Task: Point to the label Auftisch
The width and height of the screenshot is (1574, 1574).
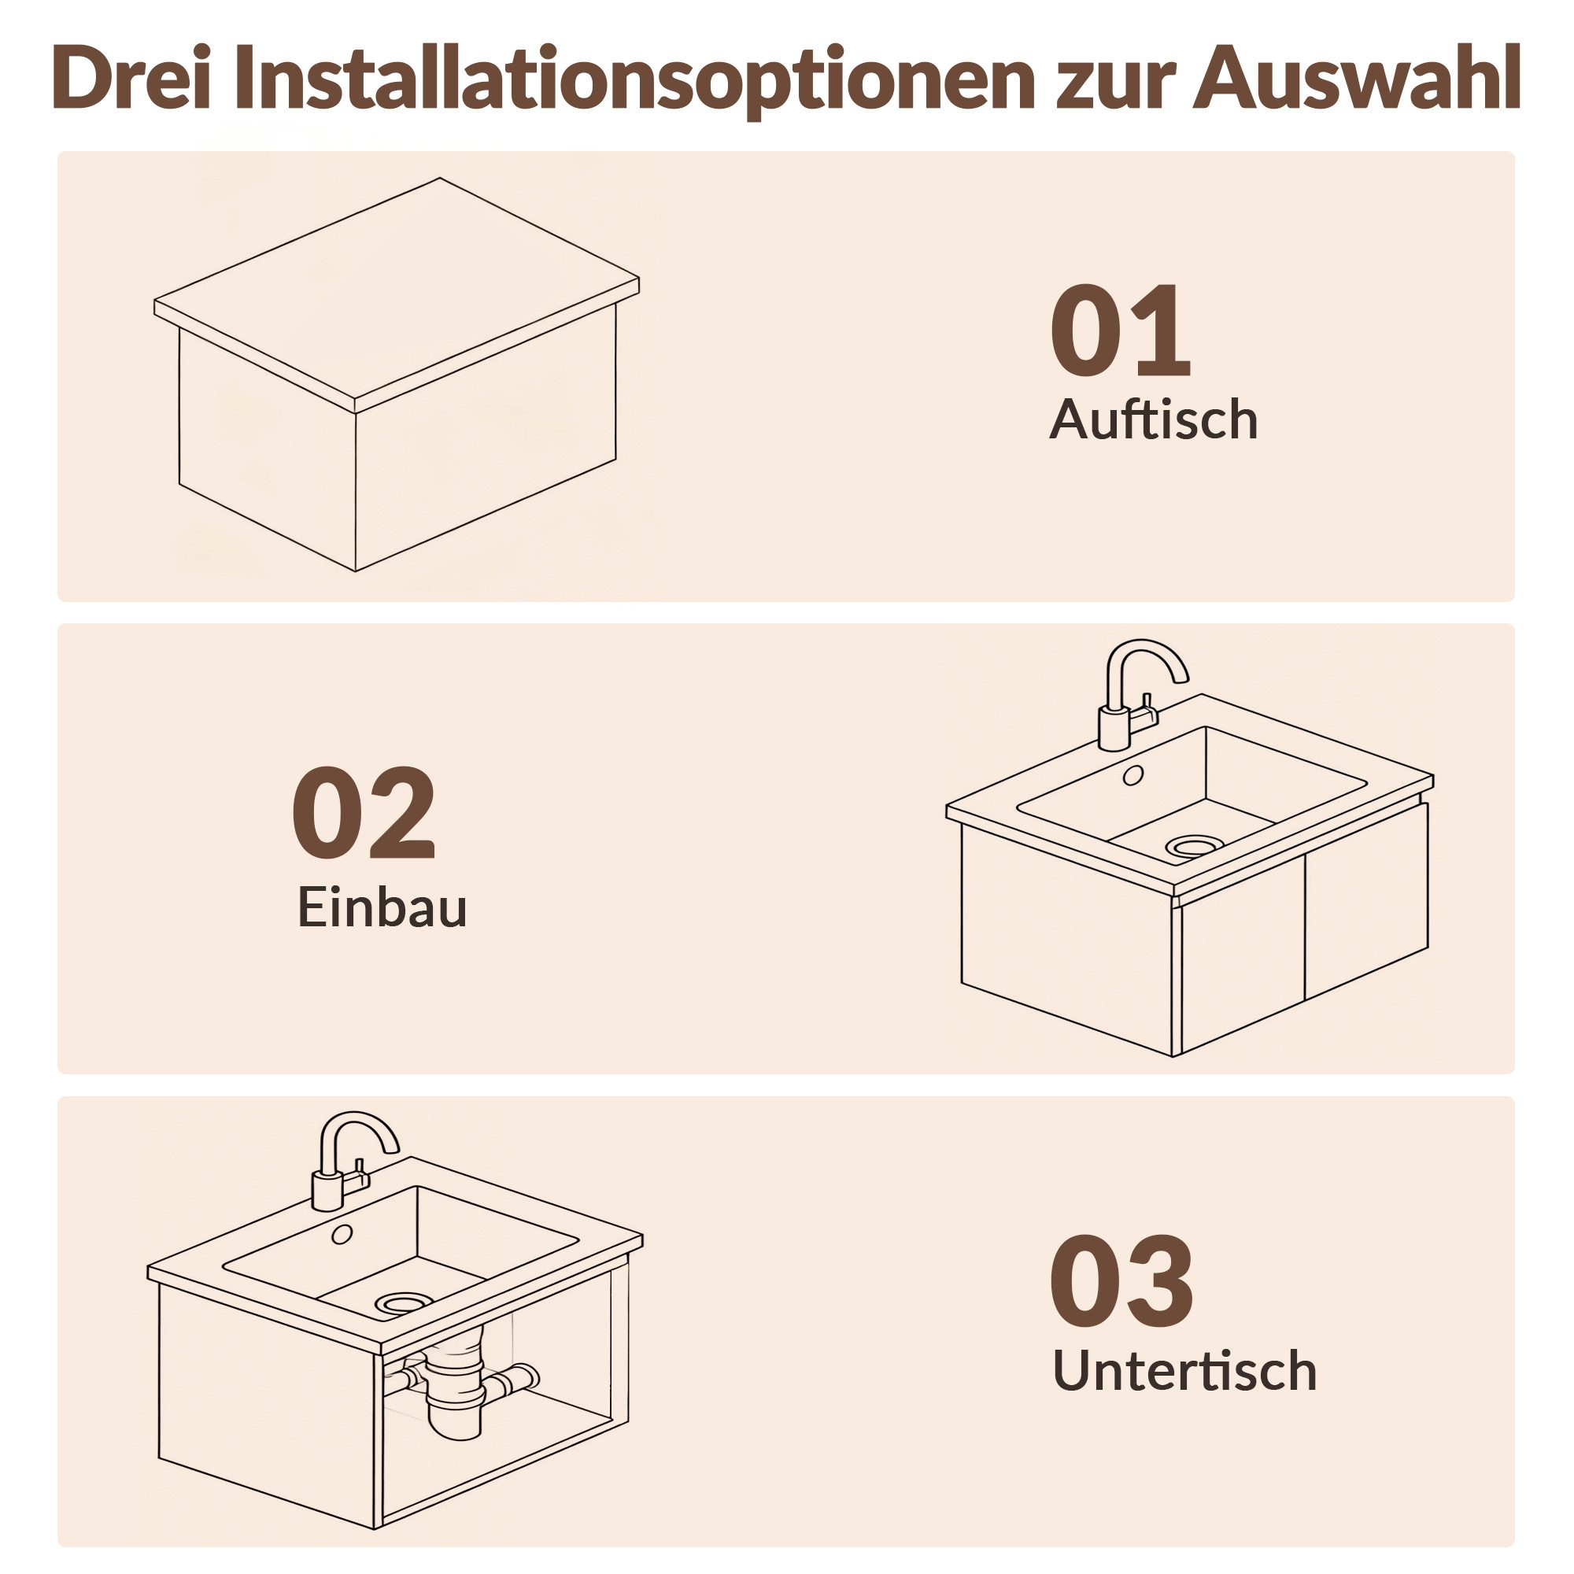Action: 1153,421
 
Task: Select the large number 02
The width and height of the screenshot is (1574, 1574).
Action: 364,814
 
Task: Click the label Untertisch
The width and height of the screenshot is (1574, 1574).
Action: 1184,1371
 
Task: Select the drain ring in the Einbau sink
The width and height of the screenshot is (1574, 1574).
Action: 1195,847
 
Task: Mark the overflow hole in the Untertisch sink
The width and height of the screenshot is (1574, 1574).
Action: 341,1235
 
